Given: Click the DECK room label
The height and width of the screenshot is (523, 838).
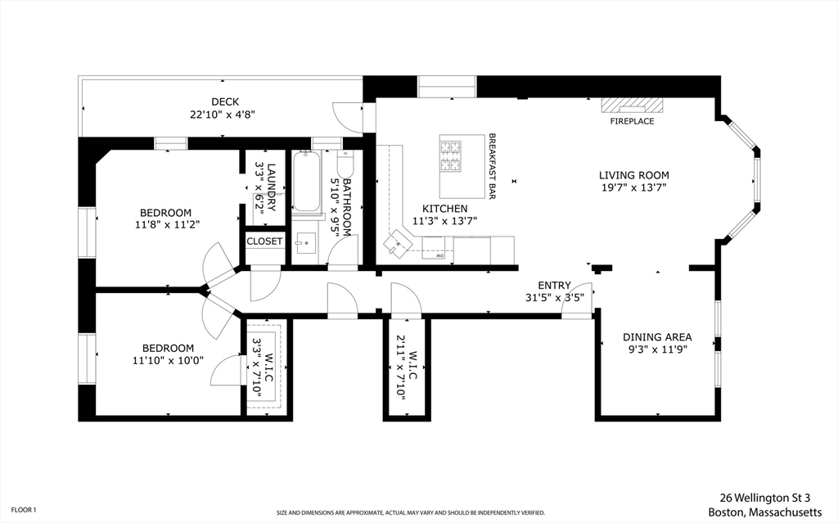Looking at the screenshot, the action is pyautogui.click(x=225, y=101).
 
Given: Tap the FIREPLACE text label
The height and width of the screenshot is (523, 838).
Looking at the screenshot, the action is pyautogui.click(x=633, y=121).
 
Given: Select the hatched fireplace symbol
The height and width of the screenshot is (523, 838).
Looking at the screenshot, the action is pyautogui.click(x=633, y=106).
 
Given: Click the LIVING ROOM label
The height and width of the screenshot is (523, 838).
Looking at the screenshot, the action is pyautogui.click(x=634, y=175).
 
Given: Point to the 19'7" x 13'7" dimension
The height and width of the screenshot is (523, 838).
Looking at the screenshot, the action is pyautogui.click(x=634, y=187).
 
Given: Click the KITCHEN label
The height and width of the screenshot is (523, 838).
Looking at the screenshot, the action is pyautogui.click(x=444, y=209).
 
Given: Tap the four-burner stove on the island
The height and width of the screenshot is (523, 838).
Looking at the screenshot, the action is pyautogui.click(x=450, y=156).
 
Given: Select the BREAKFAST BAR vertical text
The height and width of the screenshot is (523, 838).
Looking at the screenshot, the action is pyautogui.click(x=492, y=166).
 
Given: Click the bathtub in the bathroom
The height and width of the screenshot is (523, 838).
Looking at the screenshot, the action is pyautogui.click(x=306, y=181).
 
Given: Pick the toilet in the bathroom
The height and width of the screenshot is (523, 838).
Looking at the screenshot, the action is pyautogui.click(x=345, y=161).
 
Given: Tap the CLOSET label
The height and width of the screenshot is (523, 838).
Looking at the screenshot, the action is pyautogui.click(x=264, y=241).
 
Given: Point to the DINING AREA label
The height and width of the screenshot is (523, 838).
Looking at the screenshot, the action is pyautogui.click(x=657, y=337).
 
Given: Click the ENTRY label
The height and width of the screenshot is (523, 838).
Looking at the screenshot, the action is pyautogui.click(x=554, y=285).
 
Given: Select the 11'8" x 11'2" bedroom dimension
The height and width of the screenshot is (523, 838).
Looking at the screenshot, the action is pyautogui.click(x=167, y=225).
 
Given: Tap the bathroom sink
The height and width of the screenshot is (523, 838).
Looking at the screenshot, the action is pyautogui.click(x=307, y=243).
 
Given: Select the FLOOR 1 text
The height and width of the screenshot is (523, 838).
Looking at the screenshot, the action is pyautogui.click(x=24, y=510).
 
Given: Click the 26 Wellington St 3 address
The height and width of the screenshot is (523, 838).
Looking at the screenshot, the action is pyautogui.click(x=765, y=498).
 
